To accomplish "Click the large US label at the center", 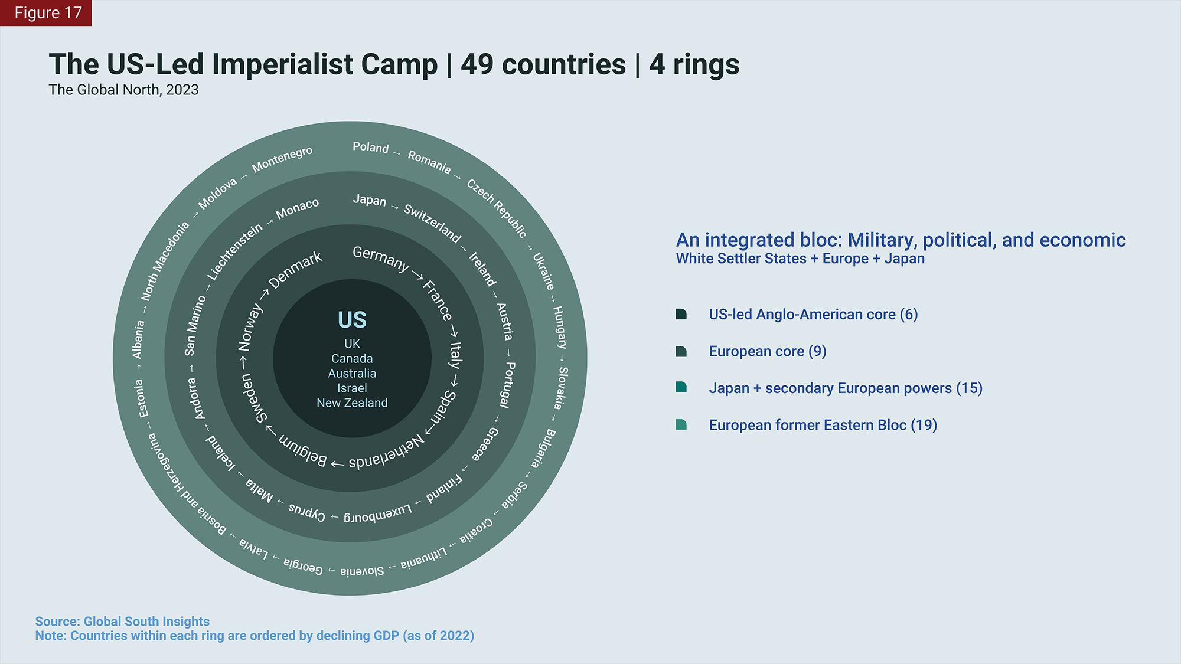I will (352, 320).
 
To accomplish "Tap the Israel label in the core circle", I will (352, 388).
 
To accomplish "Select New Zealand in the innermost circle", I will (352, 403).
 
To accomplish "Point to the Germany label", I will (380, 259).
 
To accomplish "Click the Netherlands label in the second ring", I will (387, 453).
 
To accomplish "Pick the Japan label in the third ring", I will (369, 200).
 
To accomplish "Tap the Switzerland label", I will (432, 223).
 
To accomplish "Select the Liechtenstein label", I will (234, 252).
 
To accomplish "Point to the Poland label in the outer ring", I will (370, 147).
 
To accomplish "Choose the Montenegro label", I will (282, 159).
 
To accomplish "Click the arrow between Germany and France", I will (417, 275).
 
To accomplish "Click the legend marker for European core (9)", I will (681, 352).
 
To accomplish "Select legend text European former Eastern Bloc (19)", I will (823, 425).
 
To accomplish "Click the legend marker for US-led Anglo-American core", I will (681, 314).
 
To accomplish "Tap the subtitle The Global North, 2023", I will (123, 90).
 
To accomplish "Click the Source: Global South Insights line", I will (122, 621).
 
